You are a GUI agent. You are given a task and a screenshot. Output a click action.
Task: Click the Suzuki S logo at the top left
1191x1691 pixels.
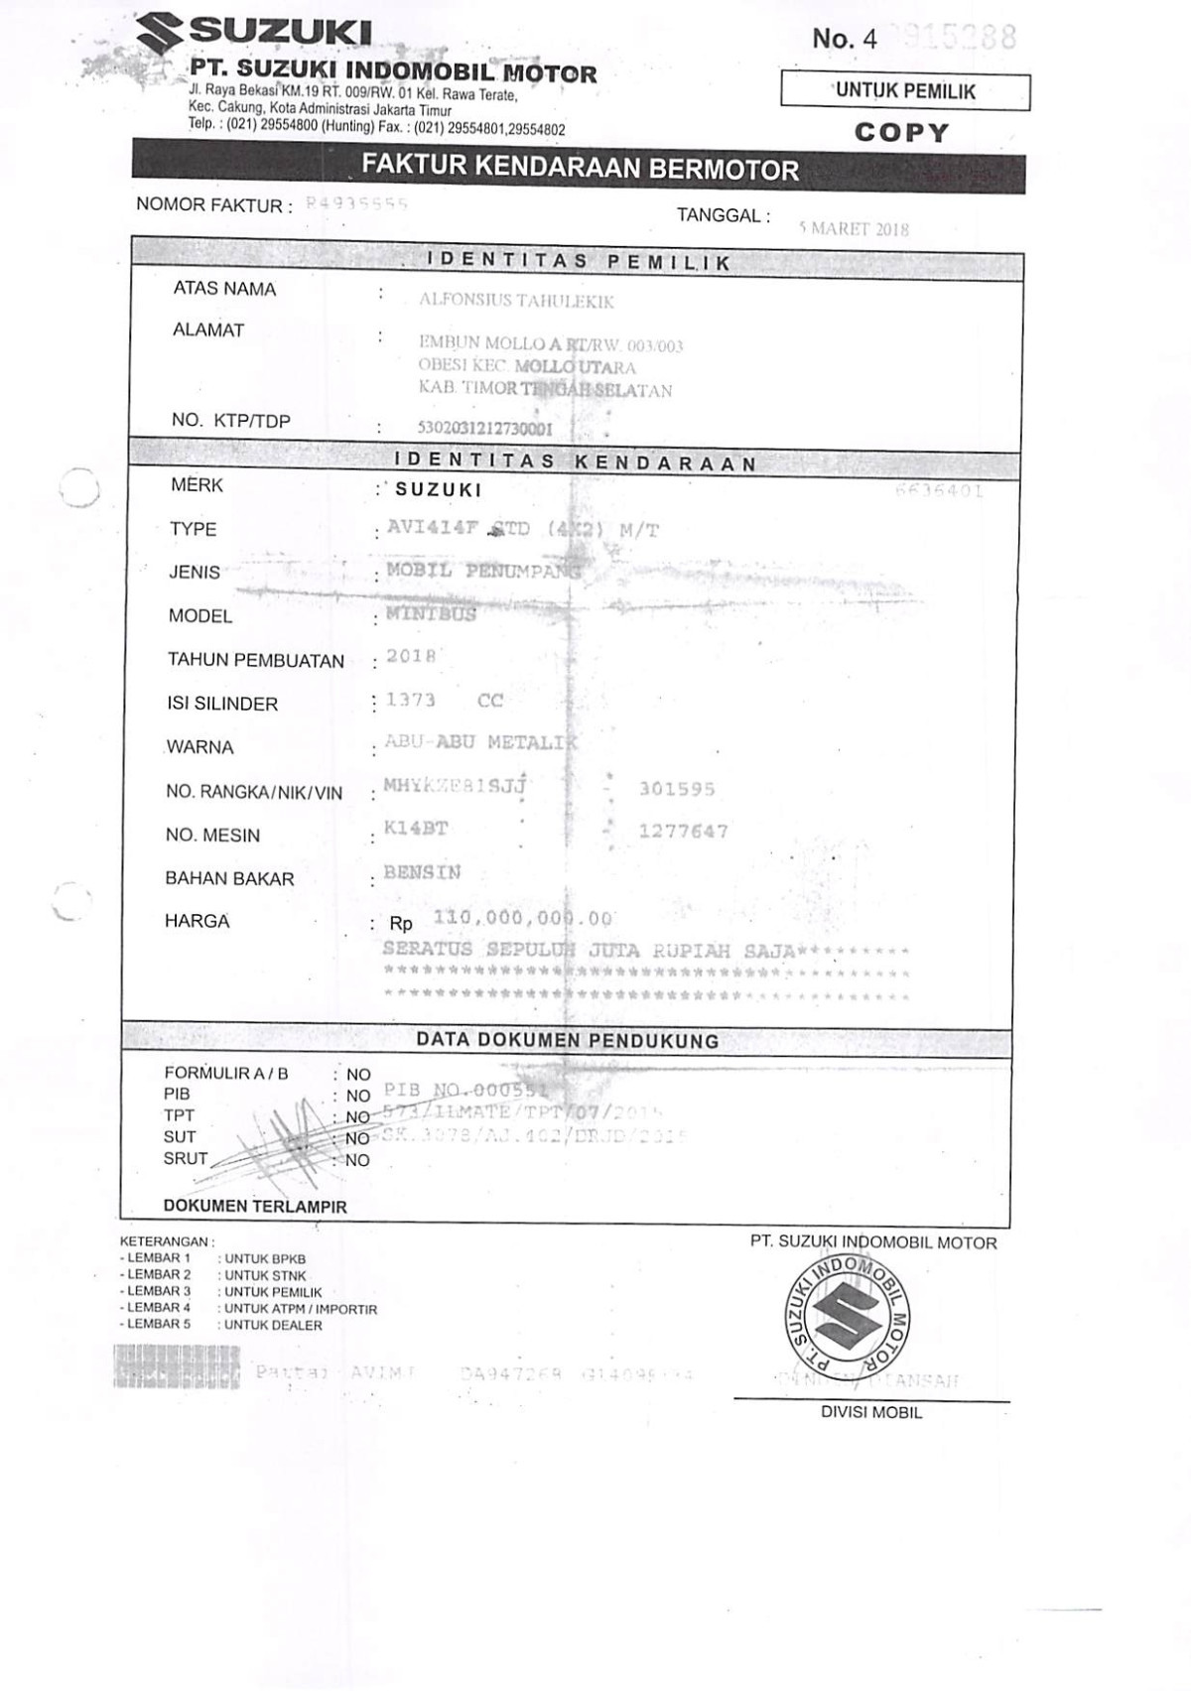[160, 33]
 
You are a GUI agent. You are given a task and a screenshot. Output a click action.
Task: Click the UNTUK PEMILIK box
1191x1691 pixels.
[905, 91]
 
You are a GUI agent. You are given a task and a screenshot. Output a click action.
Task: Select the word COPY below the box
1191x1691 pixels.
[902, 132]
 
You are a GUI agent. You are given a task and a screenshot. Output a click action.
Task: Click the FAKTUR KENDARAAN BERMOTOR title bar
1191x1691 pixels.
[579, 168]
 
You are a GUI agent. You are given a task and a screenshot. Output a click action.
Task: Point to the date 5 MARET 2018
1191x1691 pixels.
[854, 229]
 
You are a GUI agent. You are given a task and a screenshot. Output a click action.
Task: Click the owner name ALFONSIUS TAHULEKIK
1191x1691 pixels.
[516, 301]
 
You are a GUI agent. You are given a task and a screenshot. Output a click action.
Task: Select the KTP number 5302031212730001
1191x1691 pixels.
[485, 430]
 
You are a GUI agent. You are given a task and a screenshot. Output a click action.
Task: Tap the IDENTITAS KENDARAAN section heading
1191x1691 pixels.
[576, 462]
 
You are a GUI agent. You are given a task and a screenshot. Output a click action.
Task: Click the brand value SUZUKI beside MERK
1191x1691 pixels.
[438, 489]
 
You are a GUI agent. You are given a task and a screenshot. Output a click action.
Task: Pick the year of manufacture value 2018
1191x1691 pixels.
[411, 656]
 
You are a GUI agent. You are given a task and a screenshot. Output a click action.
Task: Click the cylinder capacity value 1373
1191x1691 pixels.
[410, 701]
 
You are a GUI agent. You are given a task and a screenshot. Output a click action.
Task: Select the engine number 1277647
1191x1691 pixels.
[683, 832]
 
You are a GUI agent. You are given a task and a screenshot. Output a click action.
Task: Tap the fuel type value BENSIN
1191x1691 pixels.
[422, 873]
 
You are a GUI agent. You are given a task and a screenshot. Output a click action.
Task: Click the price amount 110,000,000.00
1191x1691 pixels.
[522, 918]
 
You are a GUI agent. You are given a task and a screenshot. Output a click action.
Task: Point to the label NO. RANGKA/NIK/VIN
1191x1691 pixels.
[254, 792]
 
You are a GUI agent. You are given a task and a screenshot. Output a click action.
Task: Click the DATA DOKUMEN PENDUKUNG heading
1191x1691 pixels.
[567, 1040]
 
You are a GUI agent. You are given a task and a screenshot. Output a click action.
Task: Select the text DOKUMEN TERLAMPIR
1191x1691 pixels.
[255, 1207]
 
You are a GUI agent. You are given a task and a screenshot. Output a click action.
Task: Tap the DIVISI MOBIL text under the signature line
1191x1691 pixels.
[870, 1412]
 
